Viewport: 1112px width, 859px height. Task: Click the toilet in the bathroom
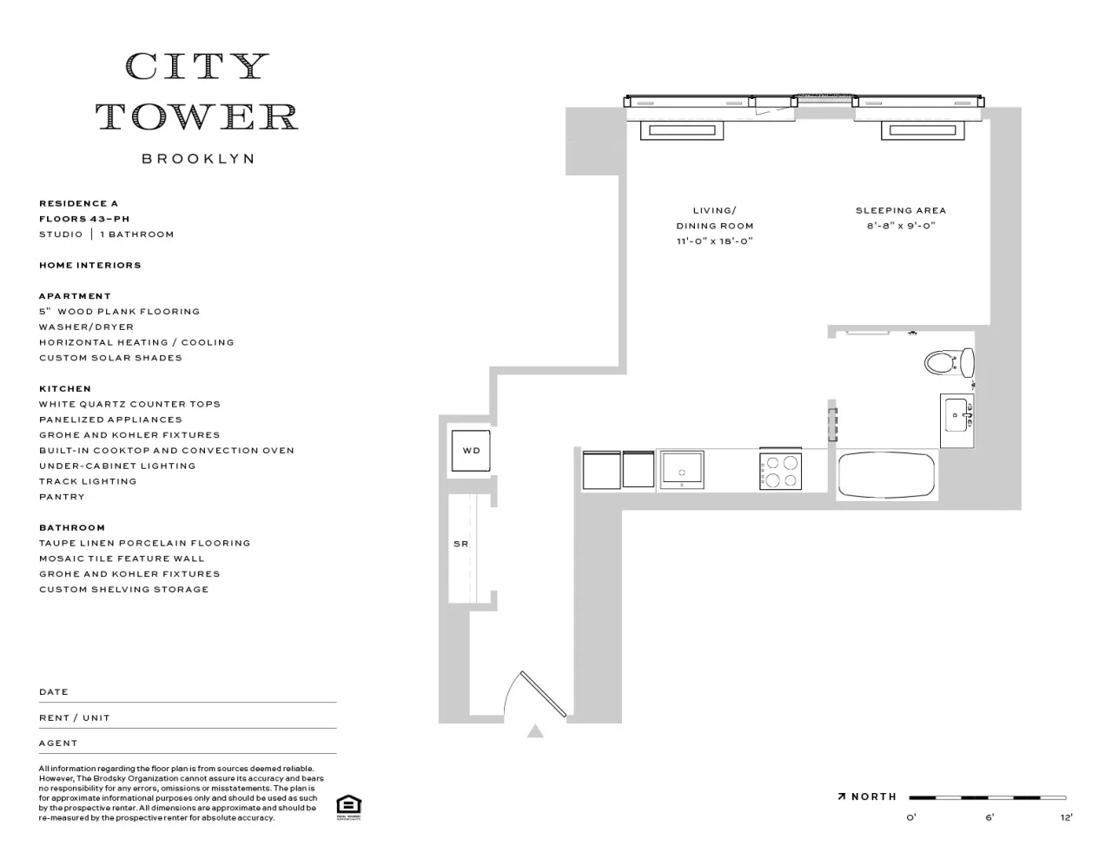948,361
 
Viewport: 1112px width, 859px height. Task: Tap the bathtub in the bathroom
886,475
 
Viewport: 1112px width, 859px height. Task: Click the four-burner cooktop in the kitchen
779,471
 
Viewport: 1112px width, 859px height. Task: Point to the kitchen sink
683,470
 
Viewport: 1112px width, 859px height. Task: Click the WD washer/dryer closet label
471,451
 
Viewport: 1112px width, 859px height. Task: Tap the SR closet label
460,544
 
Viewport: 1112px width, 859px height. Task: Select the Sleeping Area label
900,210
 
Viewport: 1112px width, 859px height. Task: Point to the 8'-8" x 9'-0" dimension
900,226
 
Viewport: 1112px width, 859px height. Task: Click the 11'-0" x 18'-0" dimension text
714,241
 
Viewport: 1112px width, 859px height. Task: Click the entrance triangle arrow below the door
535,732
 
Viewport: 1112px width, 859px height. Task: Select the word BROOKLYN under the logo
198,159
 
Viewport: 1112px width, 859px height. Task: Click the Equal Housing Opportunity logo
348,807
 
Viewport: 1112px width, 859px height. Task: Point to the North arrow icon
842,796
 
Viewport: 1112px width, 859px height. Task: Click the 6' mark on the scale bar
990,816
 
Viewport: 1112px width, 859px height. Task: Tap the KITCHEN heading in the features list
65,388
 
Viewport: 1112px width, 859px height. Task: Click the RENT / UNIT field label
74,717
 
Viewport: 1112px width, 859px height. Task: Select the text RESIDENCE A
78,203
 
